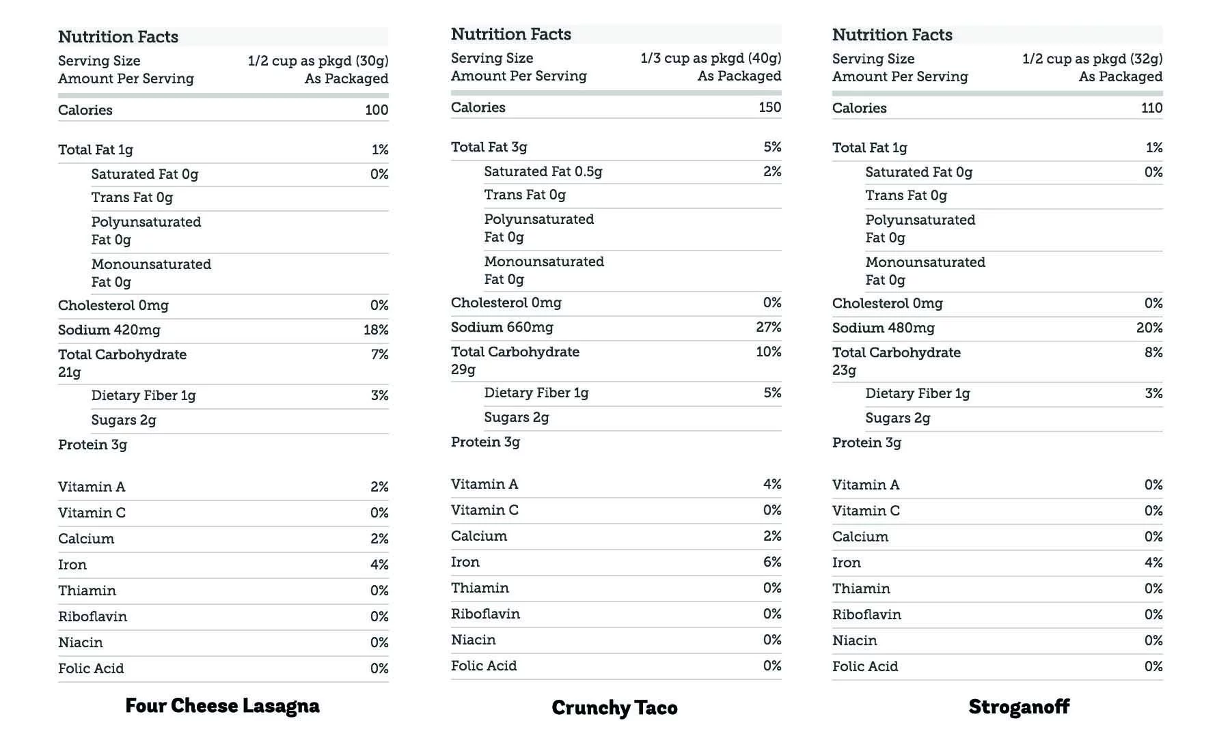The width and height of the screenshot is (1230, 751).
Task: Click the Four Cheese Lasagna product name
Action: point(222,705)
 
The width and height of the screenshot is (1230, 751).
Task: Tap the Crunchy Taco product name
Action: point(614,707)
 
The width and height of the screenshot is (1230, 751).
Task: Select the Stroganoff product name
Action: point(1019,707)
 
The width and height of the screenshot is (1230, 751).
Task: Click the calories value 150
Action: point(769,107)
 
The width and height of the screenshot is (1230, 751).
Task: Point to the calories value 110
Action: point(1151,108)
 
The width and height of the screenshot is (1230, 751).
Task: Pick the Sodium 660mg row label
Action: point(502,327)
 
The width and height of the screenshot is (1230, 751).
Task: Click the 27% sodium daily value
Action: point(769,327)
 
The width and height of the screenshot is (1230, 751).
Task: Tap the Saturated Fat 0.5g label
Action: point(543,171)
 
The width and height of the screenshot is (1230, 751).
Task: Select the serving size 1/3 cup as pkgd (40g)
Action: point(711,58)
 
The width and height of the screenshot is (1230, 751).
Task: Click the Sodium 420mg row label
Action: point(109,330)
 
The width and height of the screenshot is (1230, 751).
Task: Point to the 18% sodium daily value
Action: point(376,330)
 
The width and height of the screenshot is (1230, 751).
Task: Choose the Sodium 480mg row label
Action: point(883,328)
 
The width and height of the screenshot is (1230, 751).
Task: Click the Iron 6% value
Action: point(772,562)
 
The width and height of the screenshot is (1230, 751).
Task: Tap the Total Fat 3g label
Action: point(489,147)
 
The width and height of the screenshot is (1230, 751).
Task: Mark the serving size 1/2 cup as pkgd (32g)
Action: point(1092,59)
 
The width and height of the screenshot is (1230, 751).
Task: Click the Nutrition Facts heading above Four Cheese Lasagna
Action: point(118,37)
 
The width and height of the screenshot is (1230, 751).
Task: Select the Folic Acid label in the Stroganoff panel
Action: point(865,666)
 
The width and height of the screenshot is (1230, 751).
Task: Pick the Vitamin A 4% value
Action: point(772,484)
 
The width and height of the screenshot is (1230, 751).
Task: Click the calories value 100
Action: point(377,110)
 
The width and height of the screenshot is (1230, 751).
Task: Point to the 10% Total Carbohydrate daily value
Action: point(769,352)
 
